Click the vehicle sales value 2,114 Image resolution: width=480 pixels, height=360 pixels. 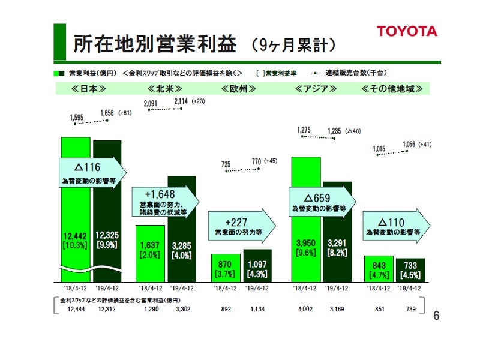point(181,101)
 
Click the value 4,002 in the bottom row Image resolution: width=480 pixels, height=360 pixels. point(305,310)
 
